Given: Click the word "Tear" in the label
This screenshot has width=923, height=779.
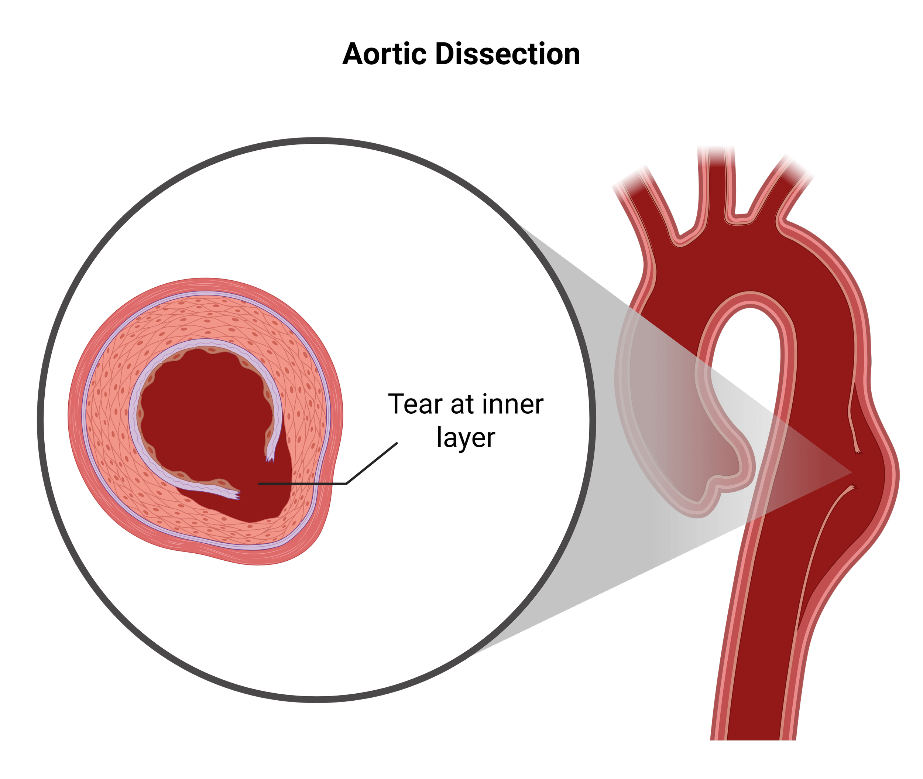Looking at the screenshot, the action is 415,404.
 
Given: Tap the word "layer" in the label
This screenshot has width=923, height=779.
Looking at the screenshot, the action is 466,438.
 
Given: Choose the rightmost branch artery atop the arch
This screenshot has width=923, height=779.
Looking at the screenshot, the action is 790,185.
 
